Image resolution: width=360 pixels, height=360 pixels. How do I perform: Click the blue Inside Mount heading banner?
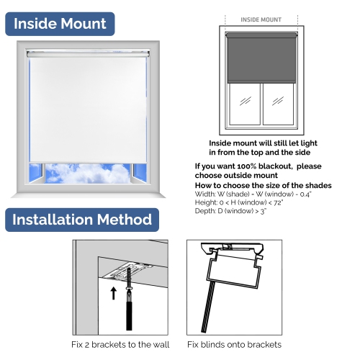(60, 23)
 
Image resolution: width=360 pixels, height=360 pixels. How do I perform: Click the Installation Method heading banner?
(82, 220)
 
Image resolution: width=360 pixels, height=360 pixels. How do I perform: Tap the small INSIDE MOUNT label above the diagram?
(260, 20)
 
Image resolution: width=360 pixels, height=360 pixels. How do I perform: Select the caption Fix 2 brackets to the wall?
(120, 344)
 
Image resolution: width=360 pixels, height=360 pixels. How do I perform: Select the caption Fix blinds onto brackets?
(234, 344)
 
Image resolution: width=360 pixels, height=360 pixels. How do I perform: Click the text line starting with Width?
(251, 194)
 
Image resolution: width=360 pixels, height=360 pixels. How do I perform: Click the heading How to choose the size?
(263, 186)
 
